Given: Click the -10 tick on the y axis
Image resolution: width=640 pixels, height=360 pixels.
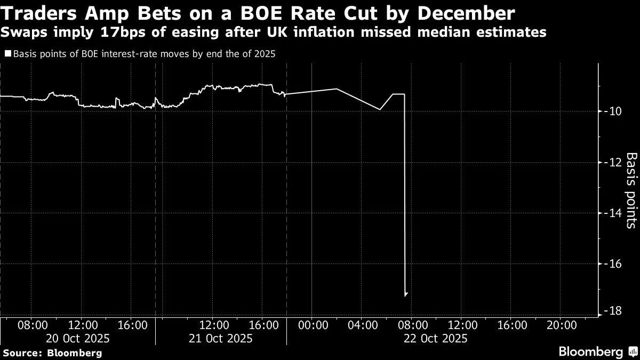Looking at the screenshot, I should click(610, 111).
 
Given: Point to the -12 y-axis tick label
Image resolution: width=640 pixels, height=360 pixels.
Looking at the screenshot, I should click(610, 162).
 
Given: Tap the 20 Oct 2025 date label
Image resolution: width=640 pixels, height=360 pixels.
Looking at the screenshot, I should click(77, 338).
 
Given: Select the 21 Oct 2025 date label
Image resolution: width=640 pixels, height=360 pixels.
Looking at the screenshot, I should click(220, 338).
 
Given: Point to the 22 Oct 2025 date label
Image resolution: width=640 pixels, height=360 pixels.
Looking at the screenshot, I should click(435, 338).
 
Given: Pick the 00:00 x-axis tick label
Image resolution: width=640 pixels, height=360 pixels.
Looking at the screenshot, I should click(312, 325).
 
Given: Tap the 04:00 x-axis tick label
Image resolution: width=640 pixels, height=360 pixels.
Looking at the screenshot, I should click(362, 325).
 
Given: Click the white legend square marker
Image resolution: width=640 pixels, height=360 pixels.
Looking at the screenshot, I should click(8, 53).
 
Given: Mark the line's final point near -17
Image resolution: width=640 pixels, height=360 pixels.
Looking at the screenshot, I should click(406, 293).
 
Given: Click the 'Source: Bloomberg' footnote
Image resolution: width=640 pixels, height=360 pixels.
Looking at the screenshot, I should click(52, 353).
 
